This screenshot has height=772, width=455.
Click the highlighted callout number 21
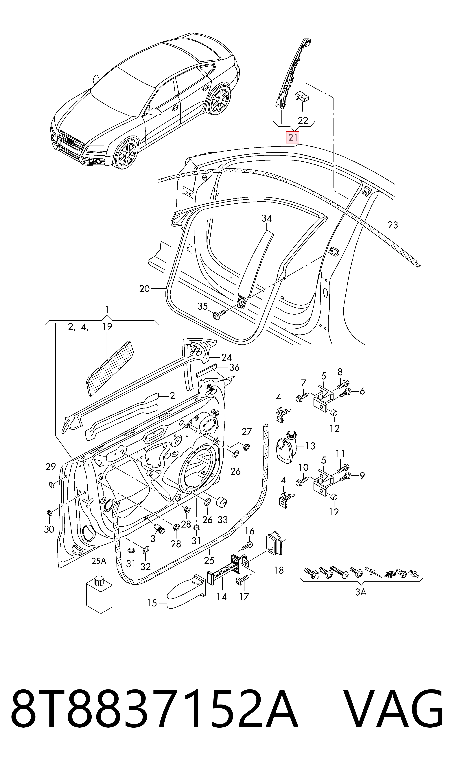(x=292, y=137)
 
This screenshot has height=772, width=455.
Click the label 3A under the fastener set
(x=361, y=592)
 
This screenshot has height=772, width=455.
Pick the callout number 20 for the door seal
(x=144, y=289)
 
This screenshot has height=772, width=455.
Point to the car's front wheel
(x=126, y=154)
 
